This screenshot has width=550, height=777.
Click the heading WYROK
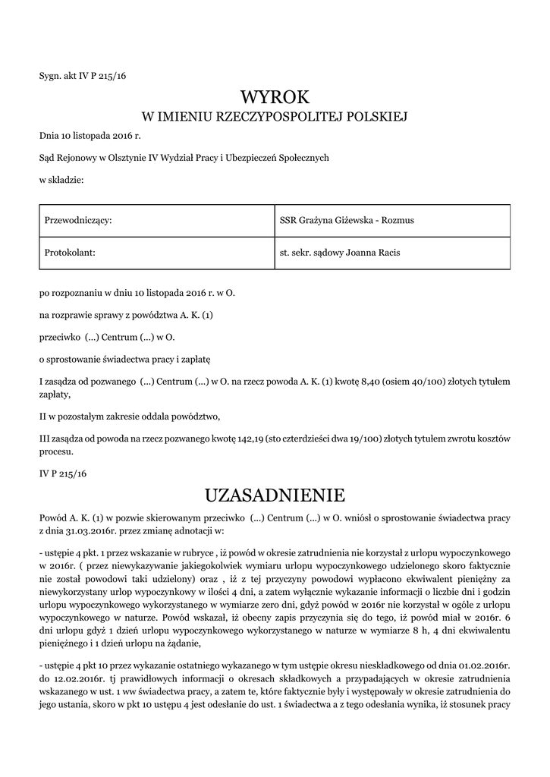click(x=275, y=97)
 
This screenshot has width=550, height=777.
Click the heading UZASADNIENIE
click(x=275, y=495)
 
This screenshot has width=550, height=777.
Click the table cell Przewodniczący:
click(x=78, y=220)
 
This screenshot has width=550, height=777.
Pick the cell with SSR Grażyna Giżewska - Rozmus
click(x=347, y=220)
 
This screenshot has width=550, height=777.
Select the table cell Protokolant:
click(x=70, y=253)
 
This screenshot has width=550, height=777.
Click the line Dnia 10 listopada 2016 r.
click(x=90, y=136)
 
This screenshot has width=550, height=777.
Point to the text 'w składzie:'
click(x=61, y=179)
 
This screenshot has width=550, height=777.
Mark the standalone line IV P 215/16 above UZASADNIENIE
click(x=63, y=473)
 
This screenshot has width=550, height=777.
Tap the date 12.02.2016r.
click(x=78, y=678)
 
